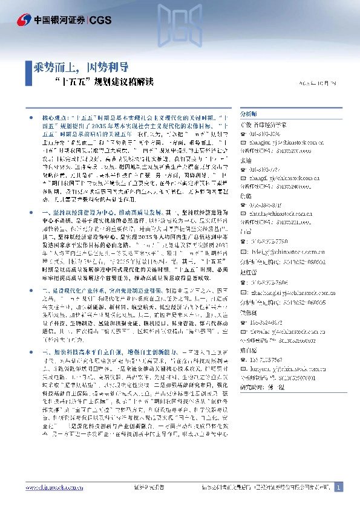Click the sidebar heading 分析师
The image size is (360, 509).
pyautogui.click(x=232, y=114)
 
